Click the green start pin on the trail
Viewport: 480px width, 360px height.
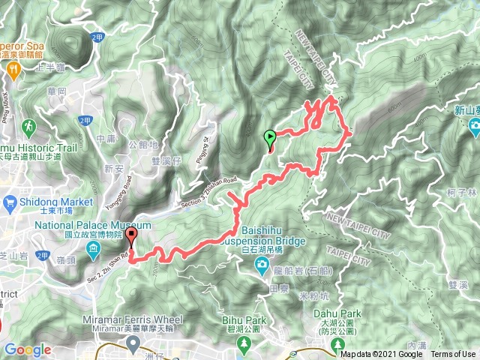269,138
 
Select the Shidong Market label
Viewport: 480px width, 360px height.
58,202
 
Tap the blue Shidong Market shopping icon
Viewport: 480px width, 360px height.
10,202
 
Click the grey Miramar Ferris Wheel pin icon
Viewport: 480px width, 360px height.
134,343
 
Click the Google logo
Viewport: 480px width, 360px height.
27,349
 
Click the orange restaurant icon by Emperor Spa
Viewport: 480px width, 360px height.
14,68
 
